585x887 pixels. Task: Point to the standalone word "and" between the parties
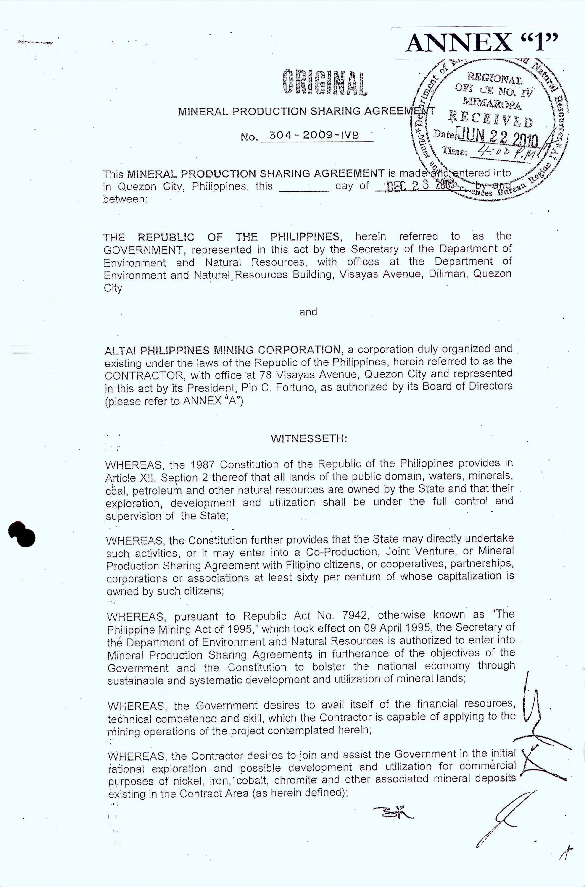click(x=308, y=312)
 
